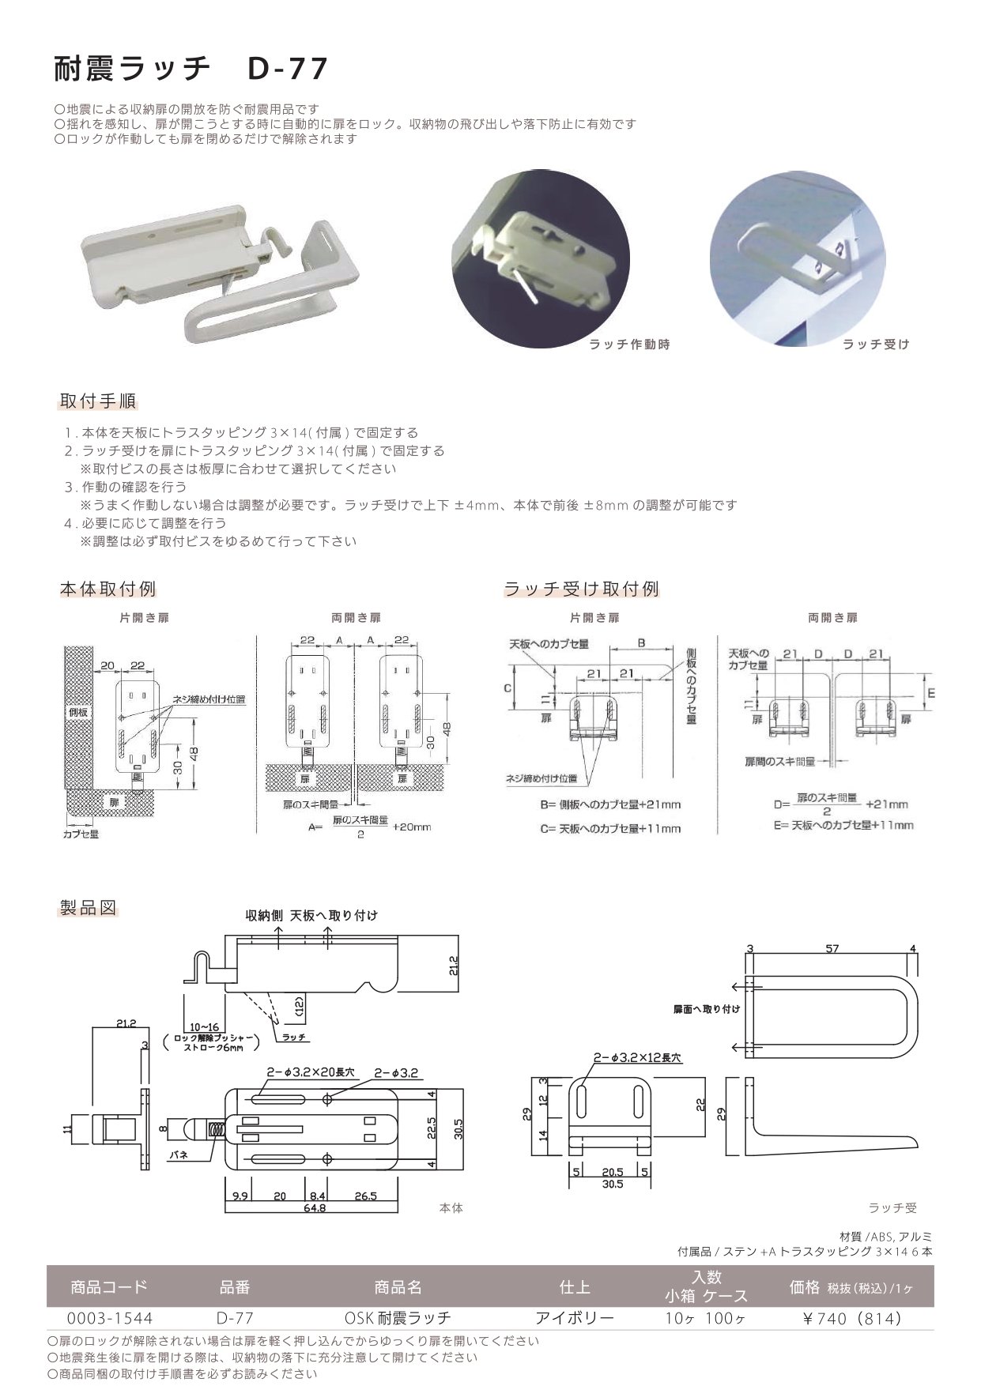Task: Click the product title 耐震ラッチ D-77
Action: tap(190, 70)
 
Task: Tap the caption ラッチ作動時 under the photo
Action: tap(629, 345)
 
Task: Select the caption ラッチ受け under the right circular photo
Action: tap(876, 345)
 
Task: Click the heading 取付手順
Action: tap(98, 401)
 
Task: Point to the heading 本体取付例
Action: tap(108, 589)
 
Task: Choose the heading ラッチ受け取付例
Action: tap(581, 589)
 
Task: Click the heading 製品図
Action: tap(88, 906)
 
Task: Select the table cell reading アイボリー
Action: tap(575, 1318)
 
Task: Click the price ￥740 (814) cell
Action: tap(851, 1318)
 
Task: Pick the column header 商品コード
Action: tap(108, 1287)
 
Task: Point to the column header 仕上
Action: tap(575, 1287)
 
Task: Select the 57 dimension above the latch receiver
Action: tap(832, 949)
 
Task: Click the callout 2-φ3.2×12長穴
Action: tap(634, 1057)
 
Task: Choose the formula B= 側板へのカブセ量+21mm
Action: tap(610, 804)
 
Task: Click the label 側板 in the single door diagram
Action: tap(77, 712)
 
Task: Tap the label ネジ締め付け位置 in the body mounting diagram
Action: tap(209, 699)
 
